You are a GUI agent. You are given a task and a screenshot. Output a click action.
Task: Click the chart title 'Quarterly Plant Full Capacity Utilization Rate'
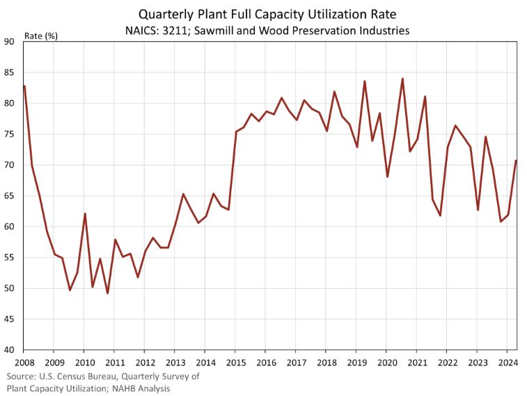[x=263, y=14]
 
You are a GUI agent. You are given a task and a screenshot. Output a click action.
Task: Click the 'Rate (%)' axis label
[x=41, y=35]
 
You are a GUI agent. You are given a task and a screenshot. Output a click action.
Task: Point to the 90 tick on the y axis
[x=9, y=42]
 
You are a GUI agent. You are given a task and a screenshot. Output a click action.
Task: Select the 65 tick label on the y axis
[x=9, y=196]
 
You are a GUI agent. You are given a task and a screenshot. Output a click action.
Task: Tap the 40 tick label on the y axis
[x=9, y=350]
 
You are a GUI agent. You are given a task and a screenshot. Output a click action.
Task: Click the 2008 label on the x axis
[x=24, y=362]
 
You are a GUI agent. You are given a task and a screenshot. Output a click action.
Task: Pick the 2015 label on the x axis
[x=235, y=362]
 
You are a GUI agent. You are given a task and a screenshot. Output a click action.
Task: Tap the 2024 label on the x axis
[x=508, y=362]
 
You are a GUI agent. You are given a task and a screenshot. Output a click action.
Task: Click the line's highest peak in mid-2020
[x=402, y=79]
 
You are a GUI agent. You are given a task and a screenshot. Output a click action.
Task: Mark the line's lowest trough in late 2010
[x=108, y=293]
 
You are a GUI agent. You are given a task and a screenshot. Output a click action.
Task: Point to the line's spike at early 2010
[x=85, y=214]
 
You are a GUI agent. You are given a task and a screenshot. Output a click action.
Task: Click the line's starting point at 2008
[x=24, y=86]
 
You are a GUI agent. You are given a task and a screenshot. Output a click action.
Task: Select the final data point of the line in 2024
[x=516, y=161]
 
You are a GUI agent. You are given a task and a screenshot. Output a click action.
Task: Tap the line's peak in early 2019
[x=365, y=81]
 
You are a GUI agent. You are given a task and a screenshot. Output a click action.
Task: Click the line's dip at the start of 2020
[x=387, y=177]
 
